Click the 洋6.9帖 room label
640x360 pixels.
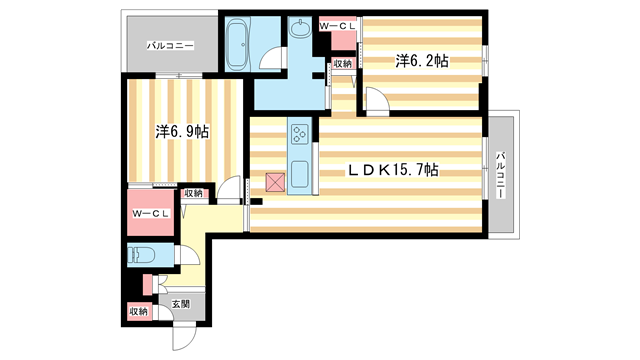[182, 131]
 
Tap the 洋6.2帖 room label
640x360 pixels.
[421, 61]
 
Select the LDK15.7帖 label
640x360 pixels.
[393, 170]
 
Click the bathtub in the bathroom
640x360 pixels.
[238, 43]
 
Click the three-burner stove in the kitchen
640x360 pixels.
[300, 133]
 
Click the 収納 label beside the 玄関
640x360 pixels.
[138, 312]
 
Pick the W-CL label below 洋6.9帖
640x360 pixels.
[150, 214]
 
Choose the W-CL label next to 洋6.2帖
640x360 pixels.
[336, 25]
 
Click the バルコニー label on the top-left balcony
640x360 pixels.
[169, 45]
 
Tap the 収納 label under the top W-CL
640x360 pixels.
[342, 63]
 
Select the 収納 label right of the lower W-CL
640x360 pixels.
[193, 193]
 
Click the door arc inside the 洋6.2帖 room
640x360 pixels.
[375, 100]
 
